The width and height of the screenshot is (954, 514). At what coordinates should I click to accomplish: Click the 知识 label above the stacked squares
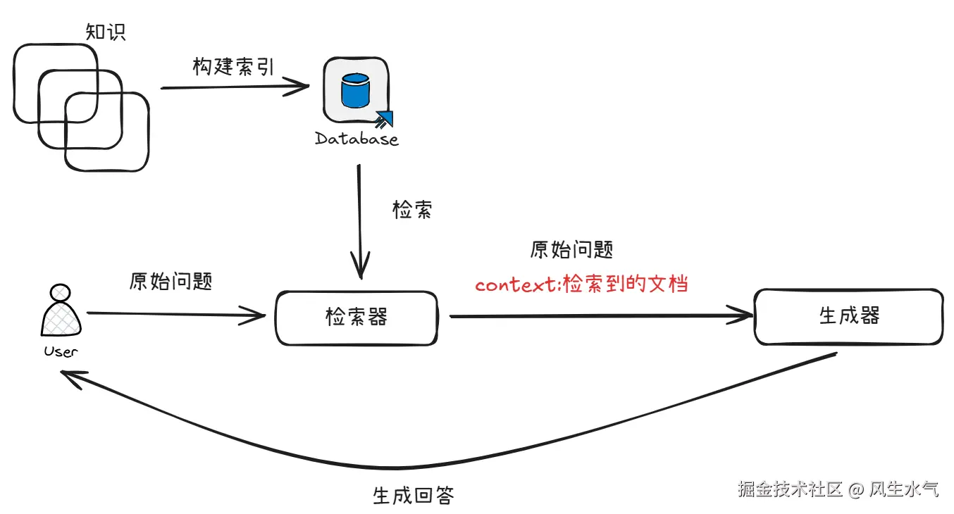[x=106, y=32]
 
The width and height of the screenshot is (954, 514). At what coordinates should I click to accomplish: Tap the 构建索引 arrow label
[x=233, y=66]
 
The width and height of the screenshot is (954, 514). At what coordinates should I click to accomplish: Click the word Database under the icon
[x=357, y=139]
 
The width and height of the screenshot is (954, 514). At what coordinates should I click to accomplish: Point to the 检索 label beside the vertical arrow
[x=412, y=210]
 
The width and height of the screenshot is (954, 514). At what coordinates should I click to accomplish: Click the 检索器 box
[x=356, y=318]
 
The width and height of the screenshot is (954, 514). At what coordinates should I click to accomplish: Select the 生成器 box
[x=848, y=316]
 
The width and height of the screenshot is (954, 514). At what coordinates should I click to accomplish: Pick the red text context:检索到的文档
[x=581, y=284]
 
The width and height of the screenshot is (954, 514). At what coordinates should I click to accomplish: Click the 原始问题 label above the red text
[x=571, y=250]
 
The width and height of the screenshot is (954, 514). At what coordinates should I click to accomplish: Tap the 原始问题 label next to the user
[x=171, y=282]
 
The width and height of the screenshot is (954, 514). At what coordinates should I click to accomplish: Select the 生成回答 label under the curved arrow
[x=413, y=495]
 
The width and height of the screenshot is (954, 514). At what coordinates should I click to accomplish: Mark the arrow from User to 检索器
[x=176, y=315]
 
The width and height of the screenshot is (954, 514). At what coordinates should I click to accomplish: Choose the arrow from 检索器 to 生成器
[x=599, y=316]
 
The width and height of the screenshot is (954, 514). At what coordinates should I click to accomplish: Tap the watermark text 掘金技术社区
[x=790, y=489]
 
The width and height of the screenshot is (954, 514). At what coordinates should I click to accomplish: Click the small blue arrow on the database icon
[x=384, y=119]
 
